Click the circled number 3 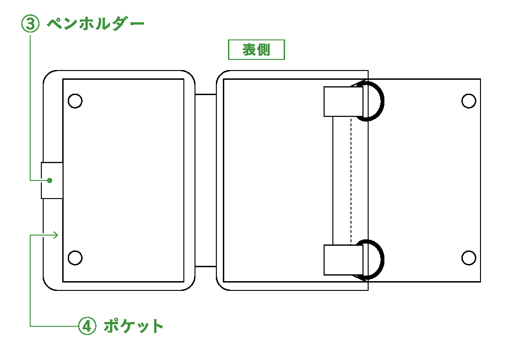pos(31,24)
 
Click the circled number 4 pos(87,326)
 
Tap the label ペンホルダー pos(96,24)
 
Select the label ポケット pos(134,326)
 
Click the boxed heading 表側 pos(256,50)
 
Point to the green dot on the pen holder pos(50,180)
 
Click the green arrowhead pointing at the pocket pos(56,235)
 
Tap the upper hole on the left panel pos(75,101)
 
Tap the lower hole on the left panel pos(75,257)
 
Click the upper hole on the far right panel pos(468,101)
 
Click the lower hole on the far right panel pos(468,257)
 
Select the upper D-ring pos(382,101)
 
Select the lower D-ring pos(382,260)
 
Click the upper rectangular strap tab pos(344,101)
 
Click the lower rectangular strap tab pos(344,260)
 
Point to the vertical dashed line pos(351,181)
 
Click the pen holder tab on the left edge pos(52,180)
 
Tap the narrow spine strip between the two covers pos(206,180)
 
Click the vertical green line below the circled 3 pos(30,108)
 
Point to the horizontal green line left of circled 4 pos(54,326)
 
